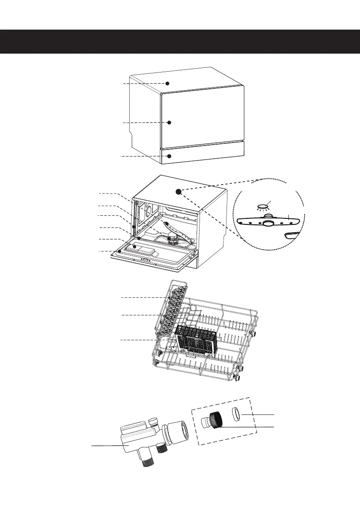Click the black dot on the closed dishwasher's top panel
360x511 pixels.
(x=168, y=83)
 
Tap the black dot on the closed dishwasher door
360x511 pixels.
(x=169, y=122)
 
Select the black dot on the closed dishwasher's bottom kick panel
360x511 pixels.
(x=169, y=156)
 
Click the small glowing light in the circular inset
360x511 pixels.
(x=261, y=206)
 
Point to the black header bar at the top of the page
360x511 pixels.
(x=180, y=41)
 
